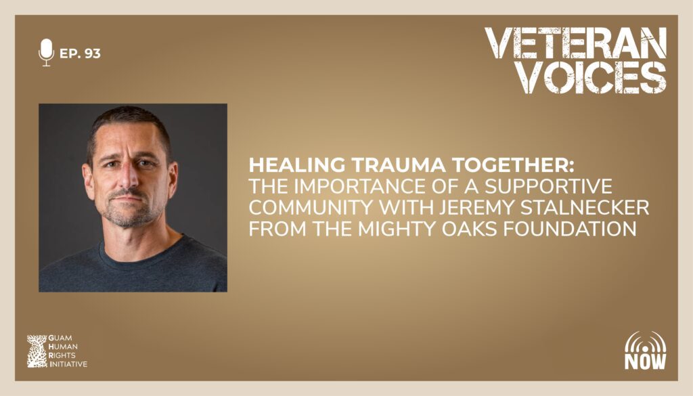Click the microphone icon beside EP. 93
coord(46,53)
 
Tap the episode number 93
coord(92,53)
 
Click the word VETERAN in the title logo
coord(575,43)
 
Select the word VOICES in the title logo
coord(592,77)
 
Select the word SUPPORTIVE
coord(548,186)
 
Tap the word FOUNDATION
coord(570,229)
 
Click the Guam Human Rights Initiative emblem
coord(37,351)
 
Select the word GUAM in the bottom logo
coord(60,338)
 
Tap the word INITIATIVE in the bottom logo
coord(68,364)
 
